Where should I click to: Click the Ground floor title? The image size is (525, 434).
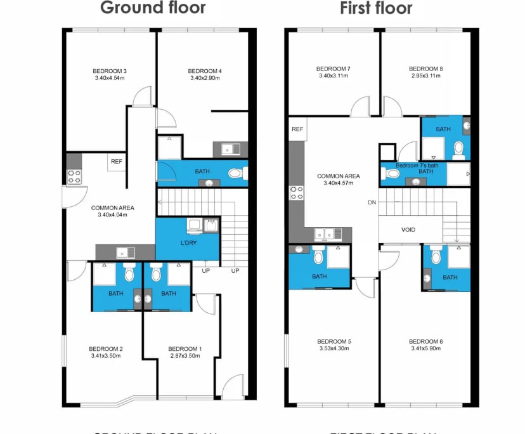[153, 8]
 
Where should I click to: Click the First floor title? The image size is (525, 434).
[376, 8]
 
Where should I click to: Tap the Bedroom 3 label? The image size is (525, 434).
[110, 70]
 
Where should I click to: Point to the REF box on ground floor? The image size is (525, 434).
[116, 162]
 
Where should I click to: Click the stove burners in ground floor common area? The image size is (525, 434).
[74, 176]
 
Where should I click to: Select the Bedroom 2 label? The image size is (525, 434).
[105, 348]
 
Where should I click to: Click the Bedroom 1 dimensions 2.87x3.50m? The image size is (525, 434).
[185, 356]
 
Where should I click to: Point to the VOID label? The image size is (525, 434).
[408, 230]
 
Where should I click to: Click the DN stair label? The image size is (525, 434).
[372, 203]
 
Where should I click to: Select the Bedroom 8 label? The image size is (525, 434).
[425, 69]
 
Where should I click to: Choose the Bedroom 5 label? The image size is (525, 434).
[334, 342]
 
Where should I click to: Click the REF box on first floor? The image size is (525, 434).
[297, 129]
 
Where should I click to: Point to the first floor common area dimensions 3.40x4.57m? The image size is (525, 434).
[338, 183]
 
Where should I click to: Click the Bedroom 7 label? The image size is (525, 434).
[333, 69]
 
